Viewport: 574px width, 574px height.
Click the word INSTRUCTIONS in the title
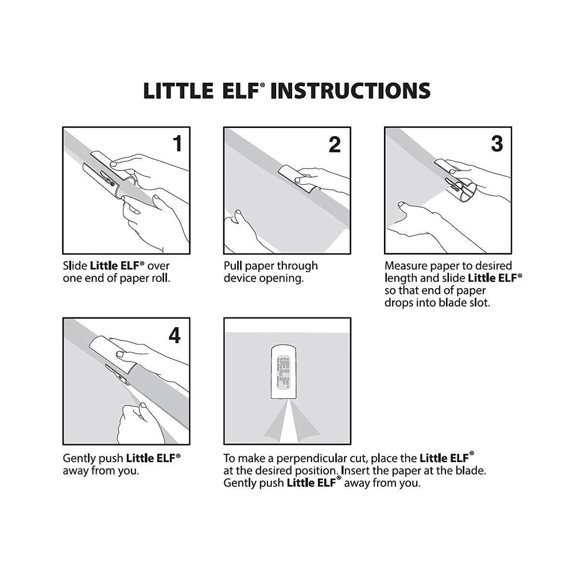(x=350, y=91)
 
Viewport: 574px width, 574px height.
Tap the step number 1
(x=177, y=143)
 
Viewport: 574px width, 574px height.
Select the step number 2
(x=335, y=145)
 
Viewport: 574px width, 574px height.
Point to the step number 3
(x=497, y=143)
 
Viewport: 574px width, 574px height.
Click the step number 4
(x=174, y=335)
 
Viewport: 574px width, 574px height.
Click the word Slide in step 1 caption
(x=75, y=266)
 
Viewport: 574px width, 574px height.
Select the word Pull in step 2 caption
(x=233, y=266)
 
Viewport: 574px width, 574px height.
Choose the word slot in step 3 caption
(x=479, y=302)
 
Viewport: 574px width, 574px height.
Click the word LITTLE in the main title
(x=179, y=91)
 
